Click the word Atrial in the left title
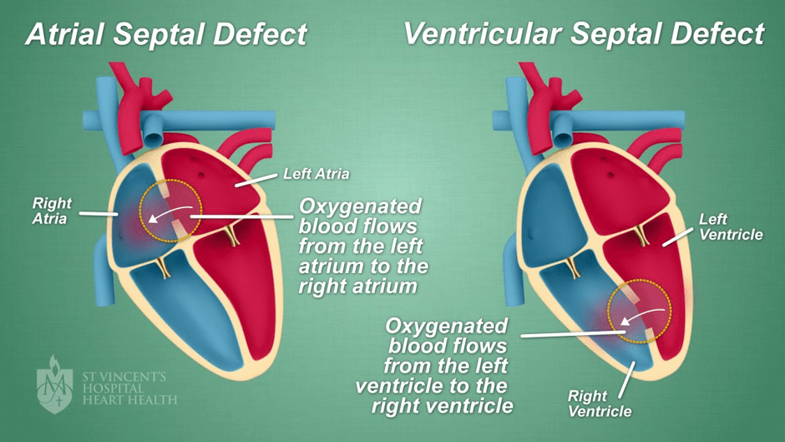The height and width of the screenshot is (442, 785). (65, 34)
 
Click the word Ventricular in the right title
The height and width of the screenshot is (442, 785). (483, 33)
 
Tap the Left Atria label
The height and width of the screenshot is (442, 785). (317, 174)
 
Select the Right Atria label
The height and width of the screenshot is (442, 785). (52, 211)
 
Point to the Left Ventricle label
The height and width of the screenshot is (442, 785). (731, 226)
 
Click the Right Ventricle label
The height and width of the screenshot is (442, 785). (600, 404)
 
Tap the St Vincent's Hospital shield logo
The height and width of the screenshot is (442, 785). (54, 385)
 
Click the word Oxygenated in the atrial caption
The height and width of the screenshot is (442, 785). (361, 206)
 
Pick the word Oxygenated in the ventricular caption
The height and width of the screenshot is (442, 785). (447, 326)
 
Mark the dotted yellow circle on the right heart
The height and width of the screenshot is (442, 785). (608, 311)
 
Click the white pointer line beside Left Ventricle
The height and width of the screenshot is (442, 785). (678, 236)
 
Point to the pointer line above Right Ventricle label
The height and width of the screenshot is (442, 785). (627, 379)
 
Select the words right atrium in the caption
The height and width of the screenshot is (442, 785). (357, 286)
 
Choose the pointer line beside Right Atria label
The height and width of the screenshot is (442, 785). (99, 214)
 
